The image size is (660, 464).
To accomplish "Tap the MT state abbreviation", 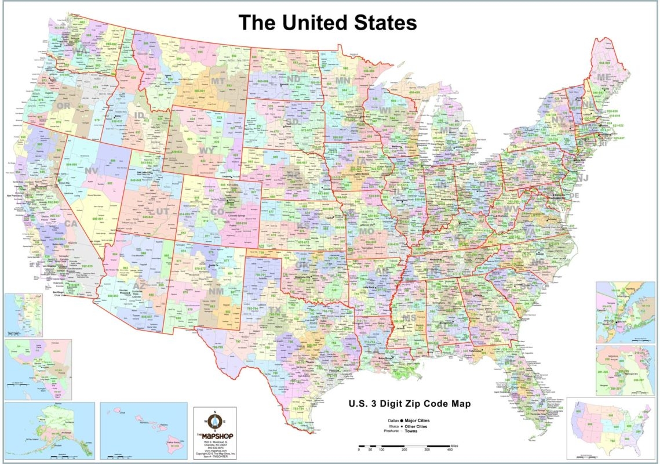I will pyautogui.click(x=218, y=81).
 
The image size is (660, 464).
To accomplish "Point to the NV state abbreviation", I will pyautogui.click(x=92, y=171).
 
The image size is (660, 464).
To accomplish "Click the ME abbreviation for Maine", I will pyautogui.click(x=604, y=77).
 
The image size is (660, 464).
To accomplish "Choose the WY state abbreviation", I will pyautogui.click(x=207, y=150).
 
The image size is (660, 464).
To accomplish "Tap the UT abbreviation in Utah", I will pyautogui.click(x=163, y=212).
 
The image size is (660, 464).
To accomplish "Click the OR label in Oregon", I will pyautogui.click(x=63, y=107).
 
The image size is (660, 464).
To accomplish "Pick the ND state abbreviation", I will pyautogui.click(x=294, y=78).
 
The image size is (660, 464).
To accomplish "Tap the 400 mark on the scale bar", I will pyautogui.click(x=450, y=449).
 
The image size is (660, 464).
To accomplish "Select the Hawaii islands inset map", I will pyautogui.click(x=143, y=429).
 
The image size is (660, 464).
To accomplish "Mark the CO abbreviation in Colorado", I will pyautogui.click(x=217, y=212).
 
